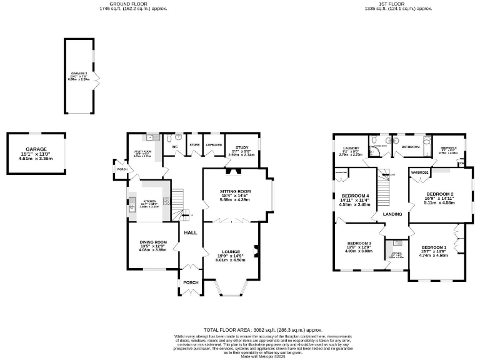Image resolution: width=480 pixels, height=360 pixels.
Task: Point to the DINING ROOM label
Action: click(153, 242)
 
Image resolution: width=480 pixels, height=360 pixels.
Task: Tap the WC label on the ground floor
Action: click(176, 147)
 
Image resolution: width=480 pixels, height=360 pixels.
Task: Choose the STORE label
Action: click(194, 144)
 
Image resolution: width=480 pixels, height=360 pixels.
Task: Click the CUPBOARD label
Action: click(214, 144)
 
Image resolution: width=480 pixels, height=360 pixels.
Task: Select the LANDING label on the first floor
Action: click(392, 215)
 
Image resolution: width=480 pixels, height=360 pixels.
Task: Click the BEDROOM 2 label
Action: click(439, 194)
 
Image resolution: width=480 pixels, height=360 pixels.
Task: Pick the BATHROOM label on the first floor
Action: click(411, 147)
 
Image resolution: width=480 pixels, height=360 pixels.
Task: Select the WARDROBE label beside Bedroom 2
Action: click(419, 171)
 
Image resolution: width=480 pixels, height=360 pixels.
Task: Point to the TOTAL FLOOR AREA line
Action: click(263, 329)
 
